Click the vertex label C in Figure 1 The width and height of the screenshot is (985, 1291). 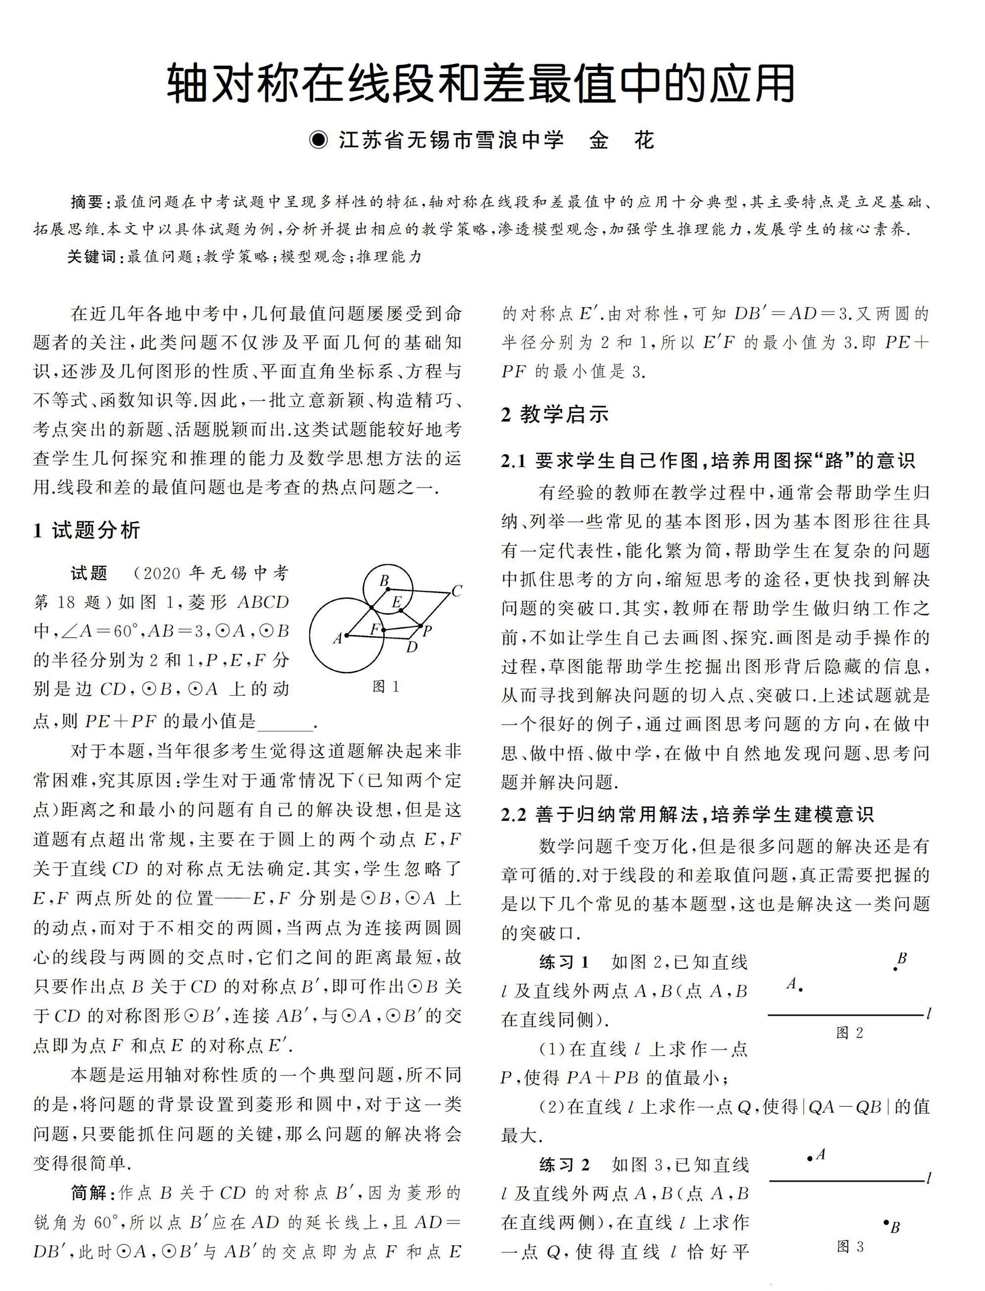[x=457, y=591]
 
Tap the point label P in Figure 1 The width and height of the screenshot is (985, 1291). [x=427, y=631]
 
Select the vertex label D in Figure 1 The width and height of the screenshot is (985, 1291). [x=412, y=646]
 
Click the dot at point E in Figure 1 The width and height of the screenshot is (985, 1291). [x=400, y=611]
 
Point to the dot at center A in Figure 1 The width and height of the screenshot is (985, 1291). [x=347, y=635]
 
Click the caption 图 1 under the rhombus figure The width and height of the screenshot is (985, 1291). [x=387, y=687]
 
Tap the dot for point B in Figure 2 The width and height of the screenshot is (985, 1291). [x=895, y=968]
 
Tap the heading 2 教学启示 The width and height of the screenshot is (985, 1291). [x=555, y=414]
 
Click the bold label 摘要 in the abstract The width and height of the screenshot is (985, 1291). [x=87, y=202]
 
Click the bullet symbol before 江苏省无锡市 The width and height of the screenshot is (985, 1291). [x=320, y=141]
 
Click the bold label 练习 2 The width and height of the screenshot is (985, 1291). [x=564, y=1165]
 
